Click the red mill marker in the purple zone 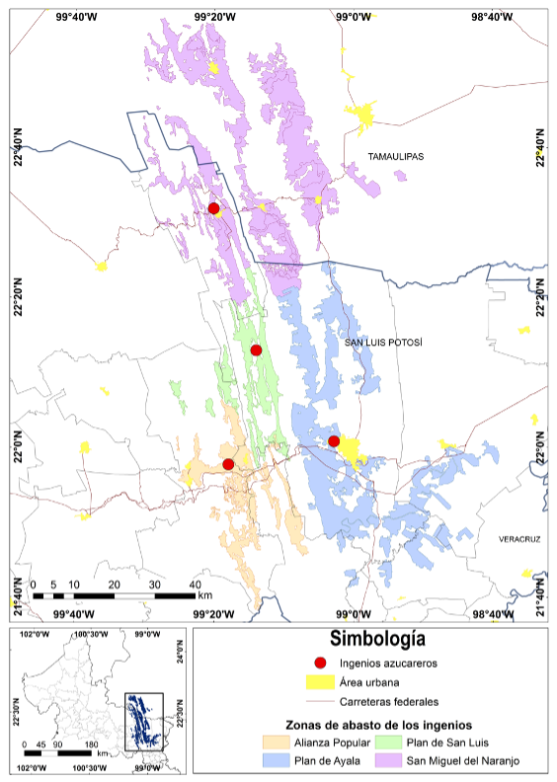[x=214, y=207]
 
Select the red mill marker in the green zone [x=256, y=350]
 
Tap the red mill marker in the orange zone [x=228, y=464]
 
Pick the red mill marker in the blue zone [x=334, y=440]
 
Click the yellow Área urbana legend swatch [x=320, y=681]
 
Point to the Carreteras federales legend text [x=389, y=701]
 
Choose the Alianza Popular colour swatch [x=273, y=742]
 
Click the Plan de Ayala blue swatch [x=273, y=760]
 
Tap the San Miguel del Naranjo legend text [x=463, y=760]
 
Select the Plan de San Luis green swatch [x=390, y=742]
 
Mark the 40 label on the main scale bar [x=195, y=585]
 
